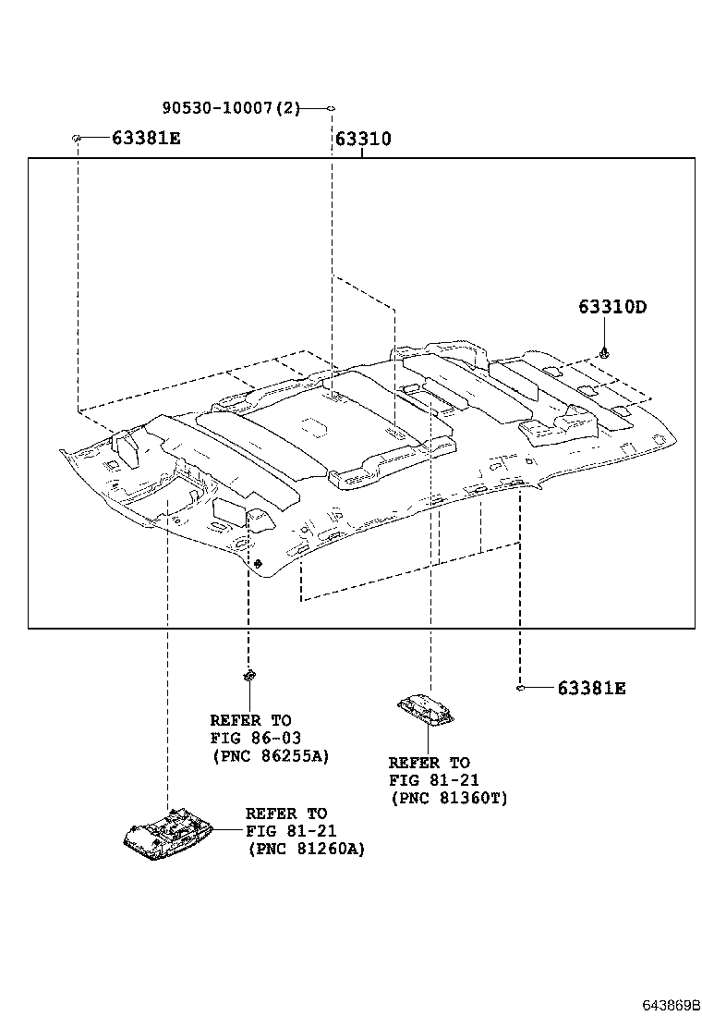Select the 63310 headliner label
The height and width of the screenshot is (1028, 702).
(362, 140)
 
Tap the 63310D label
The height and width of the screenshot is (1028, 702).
(612, 307)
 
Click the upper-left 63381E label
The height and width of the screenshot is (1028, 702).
(146, 139)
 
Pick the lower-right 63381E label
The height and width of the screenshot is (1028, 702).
(591, 688)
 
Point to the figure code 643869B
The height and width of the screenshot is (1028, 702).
(672, 1004)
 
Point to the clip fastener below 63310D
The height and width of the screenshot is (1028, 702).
(604, 352)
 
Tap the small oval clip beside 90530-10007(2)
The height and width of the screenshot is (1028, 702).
(330, 108)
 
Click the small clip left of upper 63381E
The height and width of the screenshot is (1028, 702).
(77, 139)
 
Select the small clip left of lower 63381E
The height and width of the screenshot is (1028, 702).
(521, 688)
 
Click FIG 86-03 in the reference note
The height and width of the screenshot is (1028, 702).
(255, 738)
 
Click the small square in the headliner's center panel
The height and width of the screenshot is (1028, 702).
(313, 426)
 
